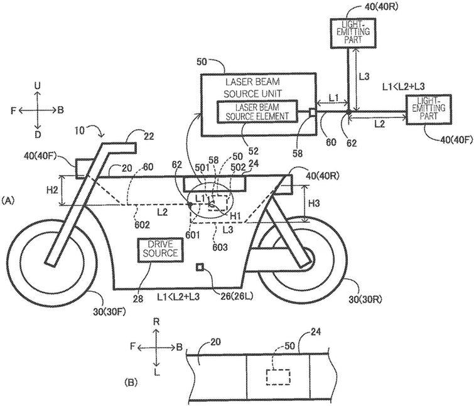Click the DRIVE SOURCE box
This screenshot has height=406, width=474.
point(159,248)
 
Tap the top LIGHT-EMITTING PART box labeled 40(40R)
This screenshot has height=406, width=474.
point(349,31)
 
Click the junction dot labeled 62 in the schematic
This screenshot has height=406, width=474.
point(349,114)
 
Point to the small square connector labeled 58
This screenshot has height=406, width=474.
point(312,112)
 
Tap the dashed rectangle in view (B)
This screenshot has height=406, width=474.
point(277,377)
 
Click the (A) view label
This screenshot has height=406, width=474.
point(8,200)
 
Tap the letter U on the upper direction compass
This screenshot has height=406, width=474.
point(38,85)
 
